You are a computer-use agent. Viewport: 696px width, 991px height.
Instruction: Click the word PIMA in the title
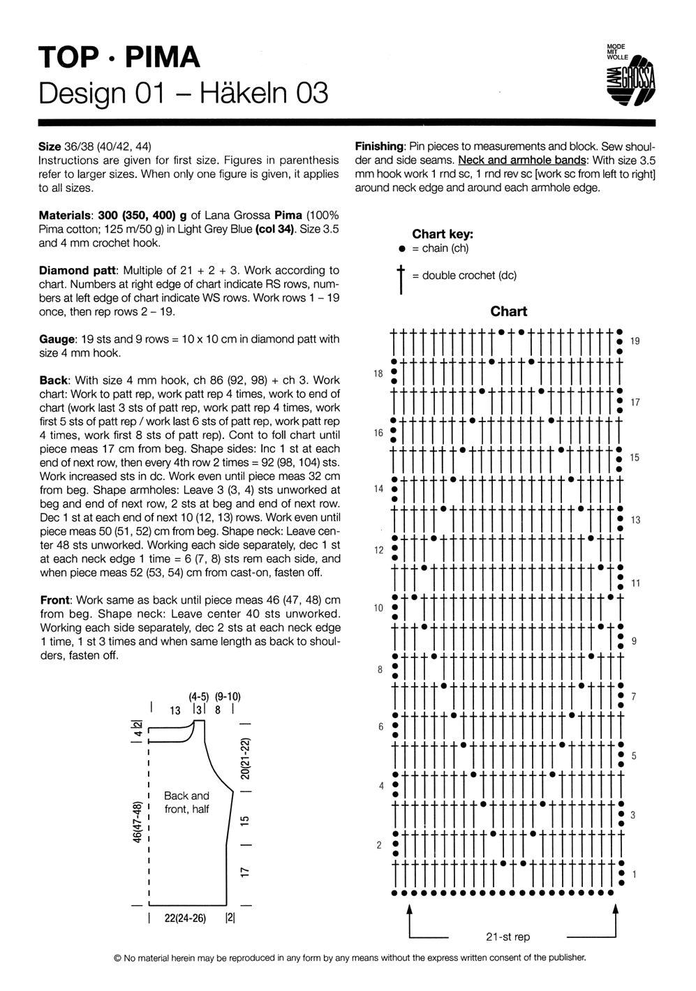[x=162, y=57]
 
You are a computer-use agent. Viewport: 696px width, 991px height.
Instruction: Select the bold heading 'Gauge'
[x=57, y=339]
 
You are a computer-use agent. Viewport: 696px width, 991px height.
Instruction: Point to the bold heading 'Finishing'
[x=380, y=147]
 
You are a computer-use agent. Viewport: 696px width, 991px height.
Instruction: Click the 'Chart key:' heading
[x=443, y=234]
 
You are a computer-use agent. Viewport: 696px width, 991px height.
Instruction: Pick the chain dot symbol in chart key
[x=401, y=248]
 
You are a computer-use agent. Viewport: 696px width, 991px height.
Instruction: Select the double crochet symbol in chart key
[x=401, y=276]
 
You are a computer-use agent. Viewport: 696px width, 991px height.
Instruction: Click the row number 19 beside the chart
[x=635, y=341]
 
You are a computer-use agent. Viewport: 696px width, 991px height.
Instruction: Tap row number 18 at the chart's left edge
[x=378, y=374]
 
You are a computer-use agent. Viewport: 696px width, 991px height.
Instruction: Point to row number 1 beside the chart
[x=635, y=874]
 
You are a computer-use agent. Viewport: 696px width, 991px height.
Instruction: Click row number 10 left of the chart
[x=378, y=608]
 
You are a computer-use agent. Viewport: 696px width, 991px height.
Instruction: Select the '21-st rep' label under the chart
[x=508, y=937]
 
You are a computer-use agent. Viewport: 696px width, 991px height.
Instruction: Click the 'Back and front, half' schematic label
[x=186, y=803]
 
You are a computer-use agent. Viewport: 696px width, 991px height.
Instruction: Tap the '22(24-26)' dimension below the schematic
[x=185, y=918]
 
